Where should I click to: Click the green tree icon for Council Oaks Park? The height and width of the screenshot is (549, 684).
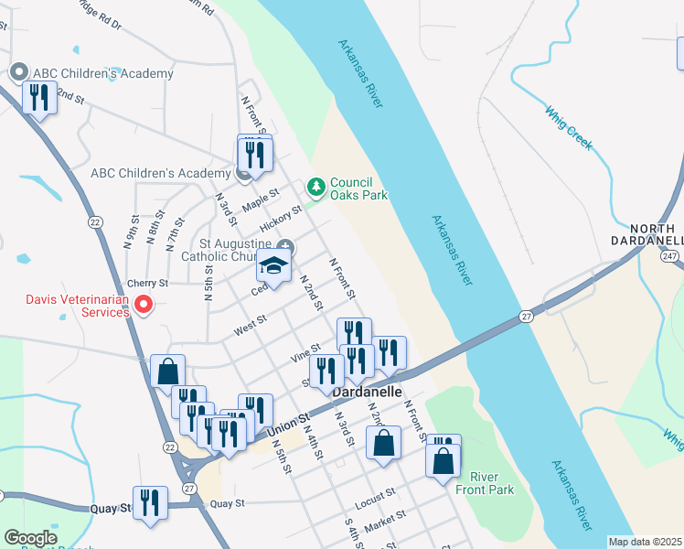pos(316,187)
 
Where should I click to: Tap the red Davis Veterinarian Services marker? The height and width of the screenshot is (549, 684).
pos(143,305)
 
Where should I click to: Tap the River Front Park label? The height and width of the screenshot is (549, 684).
pos(492,483)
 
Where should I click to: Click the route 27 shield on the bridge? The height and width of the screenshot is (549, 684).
pos(526,316)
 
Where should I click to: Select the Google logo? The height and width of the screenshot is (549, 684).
pos(30,538)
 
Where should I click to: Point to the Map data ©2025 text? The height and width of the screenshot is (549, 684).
pos(645,542)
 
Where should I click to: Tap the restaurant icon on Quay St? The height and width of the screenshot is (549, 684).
pos(150,502)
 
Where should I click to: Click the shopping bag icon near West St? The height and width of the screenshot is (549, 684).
pos(168,371)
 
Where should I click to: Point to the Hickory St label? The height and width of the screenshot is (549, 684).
pos(280,219)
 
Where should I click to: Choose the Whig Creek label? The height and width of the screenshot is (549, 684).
pos(569,128)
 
